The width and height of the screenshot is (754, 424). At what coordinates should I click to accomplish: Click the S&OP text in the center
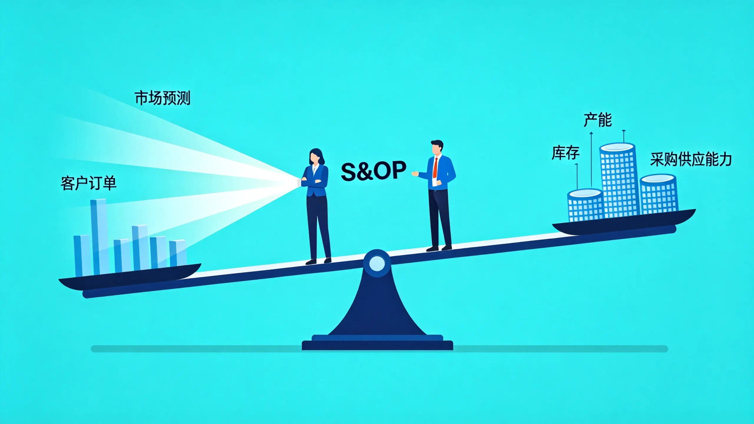373,171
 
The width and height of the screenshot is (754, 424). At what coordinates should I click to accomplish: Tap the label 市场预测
163,98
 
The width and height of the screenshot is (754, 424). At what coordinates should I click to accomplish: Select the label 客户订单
89,183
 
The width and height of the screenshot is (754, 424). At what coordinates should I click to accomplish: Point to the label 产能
598,120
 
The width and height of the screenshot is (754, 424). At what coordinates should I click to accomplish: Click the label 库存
565,153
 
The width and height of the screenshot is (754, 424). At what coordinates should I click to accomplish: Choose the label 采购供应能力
691,159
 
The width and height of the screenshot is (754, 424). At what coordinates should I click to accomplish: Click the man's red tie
435,168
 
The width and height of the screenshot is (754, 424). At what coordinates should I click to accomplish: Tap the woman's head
316,157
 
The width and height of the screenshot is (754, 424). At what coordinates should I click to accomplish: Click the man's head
437,147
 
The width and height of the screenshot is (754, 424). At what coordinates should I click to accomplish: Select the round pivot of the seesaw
377,263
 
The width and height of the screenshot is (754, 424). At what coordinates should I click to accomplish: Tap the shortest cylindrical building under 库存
586,205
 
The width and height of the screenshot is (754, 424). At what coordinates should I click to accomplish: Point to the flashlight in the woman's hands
299,182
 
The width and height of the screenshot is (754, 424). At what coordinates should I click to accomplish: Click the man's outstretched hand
415,173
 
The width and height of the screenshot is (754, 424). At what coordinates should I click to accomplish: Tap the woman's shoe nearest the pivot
328,260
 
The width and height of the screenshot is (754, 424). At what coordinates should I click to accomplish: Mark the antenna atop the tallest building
624,137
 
